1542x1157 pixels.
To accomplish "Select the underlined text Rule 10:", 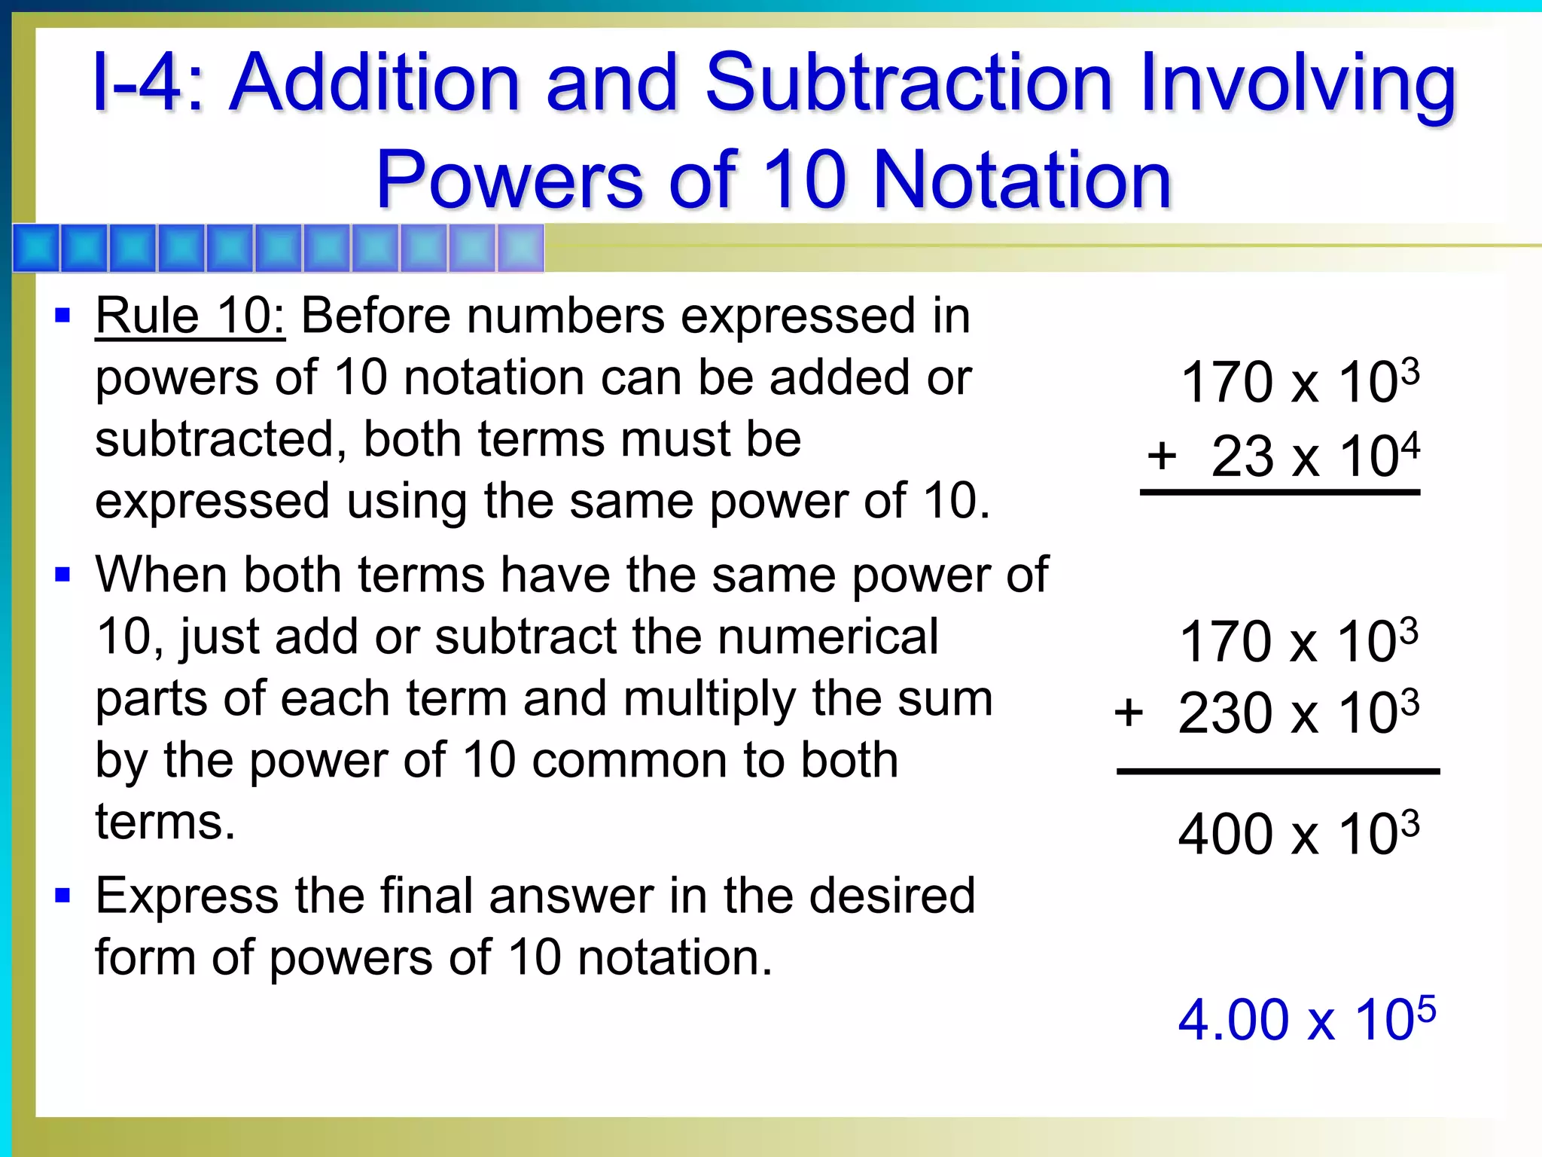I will (190, 316).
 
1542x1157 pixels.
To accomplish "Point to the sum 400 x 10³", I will (1298, 834).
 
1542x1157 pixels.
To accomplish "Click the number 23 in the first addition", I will (1242, 456).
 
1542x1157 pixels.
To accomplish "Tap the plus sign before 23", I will (1162, 455).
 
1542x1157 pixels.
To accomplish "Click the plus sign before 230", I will (1129, 712).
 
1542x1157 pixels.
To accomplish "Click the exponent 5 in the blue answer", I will (1425, 1006).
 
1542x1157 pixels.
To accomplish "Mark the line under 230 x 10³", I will (1278, 771).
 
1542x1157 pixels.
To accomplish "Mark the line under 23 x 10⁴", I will (1279, 493).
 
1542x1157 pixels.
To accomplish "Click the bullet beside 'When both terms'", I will (63, 575).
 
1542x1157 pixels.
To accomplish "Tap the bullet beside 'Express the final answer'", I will (63, 896).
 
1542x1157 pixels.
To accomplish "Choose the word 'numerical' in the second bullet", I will (827, 637).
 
